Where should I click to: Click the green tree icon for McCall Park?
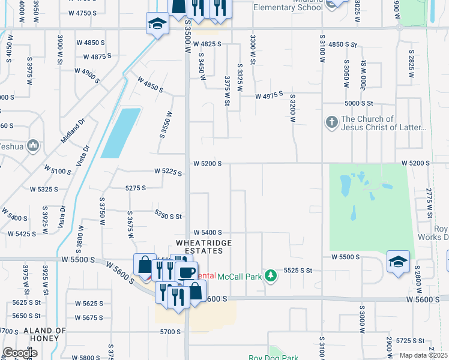[271, 275]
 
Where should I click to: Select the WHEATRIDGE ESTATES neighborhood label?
[203, 247]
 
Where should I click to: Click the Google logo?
[20, 353]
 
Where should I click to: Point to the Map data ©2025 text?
[423, 355]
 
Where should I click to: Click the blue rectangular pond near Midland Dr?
[121, 133]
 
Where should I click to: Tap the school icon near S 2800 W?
[398, 262]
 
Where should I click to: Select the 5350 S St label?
[168, 215]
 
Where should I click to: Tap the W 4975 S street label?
[268, 96]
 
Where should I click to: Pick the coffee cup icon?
[185, 271]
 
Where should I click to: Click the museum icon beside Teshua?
[33, 145]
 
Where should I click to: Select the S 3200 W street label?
[293, 108]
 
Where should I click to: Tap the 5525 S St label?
[298, 271]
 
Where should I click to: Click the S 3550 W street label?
[166, 124]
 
